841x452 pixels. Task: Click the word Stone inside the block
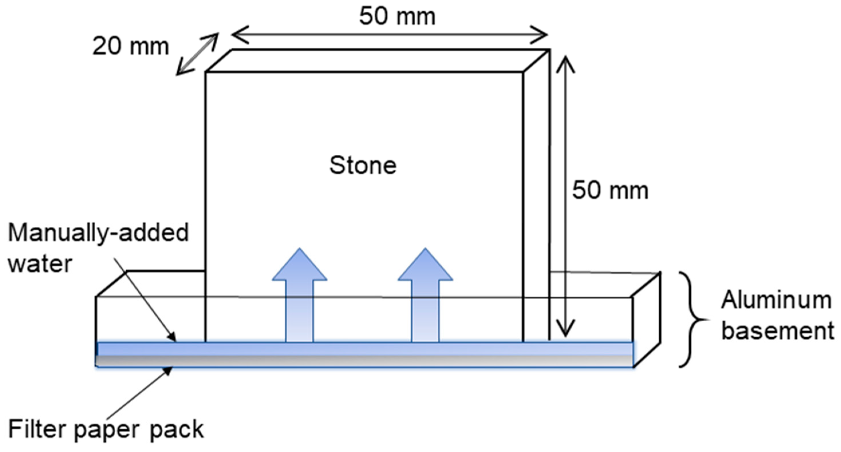tap(363, 165)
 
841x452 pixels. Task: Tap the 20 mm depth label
tap(131, 46)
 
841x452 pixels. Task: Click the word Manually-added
tap(98, 233)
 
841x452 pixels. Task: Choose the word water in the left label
tap(40, 264)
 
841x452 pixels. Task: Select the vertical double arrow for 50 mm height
tap(565, 196)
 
